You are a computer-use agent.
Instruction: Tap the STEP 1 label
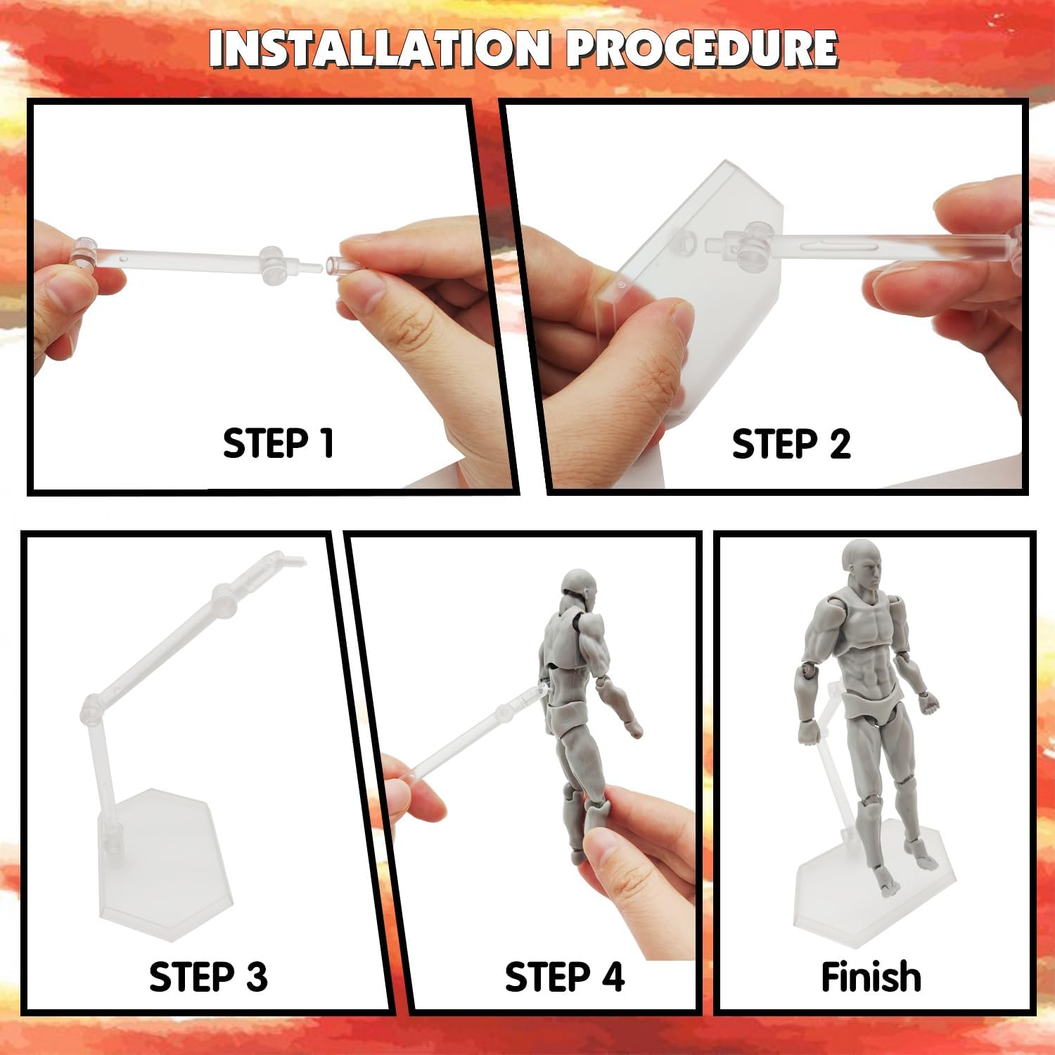tap(278, 444)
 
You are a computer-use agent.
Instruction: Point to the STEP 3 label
tap(208, 977)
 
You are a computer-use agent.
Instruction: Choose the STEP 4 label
tap(564, 977)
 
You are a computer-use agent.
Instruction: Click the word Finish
tap(871, 977)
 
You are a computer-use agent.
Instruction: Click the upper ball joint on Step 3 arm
tap(223, 600)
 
